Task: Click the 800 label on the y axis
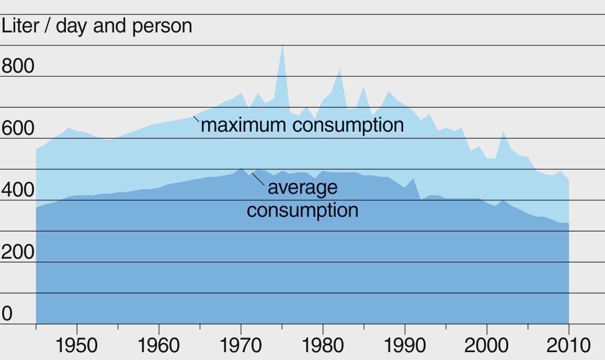point(18,66)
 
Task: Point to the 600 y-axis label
point(18,129)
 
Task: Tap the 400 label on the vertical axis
point(18,190)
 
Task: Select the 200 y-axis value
point(18,252)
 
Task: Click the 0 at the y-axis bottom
point(7,314)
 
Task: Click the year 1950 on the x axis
point(77,345)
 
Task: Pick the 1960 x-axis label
point(159,345)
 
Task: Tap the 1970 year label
point(241,345)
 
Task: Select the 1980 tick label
point(323,345)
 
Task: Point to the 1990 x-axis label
point(405,345)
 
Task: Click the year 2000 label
point(487,345)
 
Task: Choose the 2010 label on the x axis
point(568,345)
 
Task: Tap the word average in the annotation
point(302,187)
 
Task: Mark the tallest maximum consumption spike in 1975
point(282,47)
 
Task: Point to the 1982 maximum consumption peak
point(340,70)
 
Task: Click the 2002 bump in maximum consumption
point(503,133)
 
